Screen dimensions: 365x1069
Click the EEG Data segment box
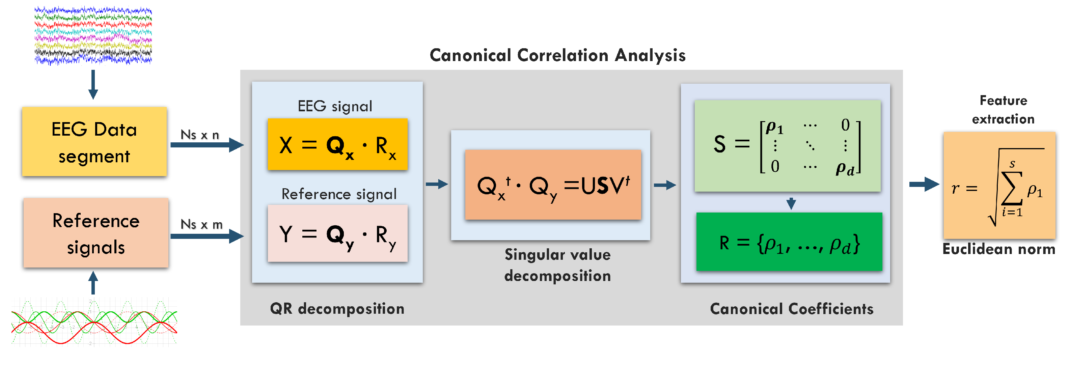(94, 142)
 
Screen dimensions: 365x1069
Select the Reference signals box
(96, 233)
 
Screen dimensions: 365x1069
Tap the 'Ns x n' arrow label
(200, 135)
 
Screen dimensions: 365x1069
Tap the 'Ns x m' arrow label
(201, 224)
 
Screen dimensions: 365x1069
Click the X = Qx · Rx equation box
(337, 144)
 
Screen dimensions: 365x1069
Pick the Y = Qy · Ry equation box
(337, 233)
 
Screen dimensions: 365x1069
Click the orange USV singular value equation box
(553, 185)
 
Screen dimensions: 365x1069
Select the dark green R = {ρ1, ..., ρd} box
(789, 242)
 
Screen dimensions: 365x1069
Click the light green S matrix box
(787, 146)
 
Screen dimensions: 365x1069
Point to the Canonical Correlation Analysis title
(557, 55)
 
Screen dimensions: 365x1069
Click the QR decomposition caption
(337, 309)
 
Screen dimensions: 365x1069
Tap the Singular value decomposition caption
(557, 265)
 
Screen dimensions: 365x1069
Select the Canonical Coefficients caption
(791, 309)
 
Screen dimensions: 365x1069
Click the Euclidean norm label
(998, 249)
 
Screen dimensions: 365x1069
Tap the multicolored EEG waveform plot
(93, 35)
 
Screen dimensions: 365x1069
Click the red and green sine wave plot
(94, 321)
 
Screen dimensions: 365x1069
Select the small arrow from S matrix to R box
(791, 203)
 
